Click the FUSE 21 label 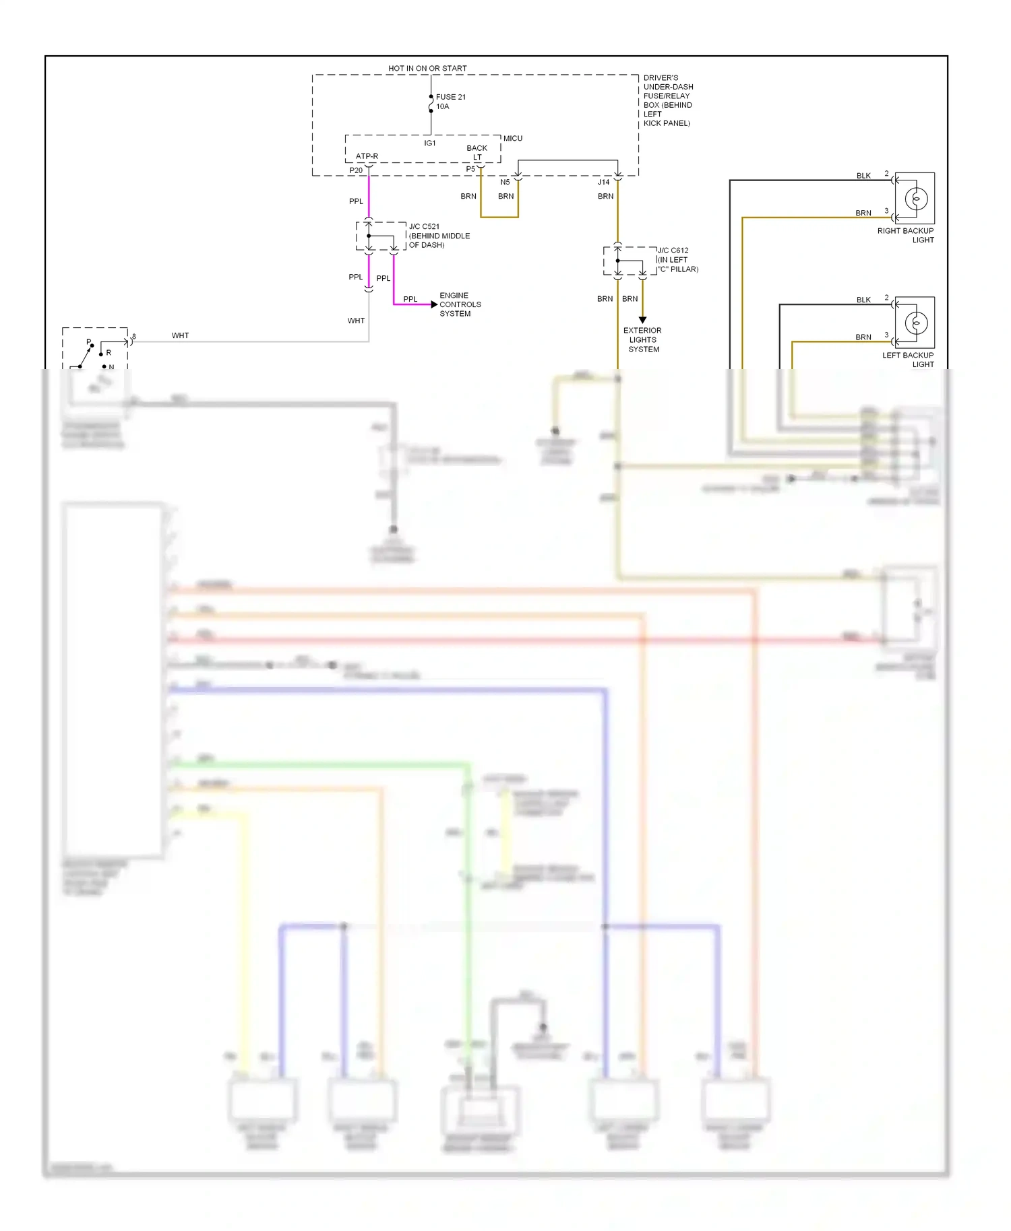pyautogui.click(x=450, y=97)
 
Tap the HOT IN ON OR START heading pyautogui.click(x=427, y=69)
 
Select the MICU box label pyautogui.click(x=513, y=139)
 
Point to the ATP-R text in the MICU pyautogui.click(x=367, y=156)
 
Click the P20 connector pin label pyautogui.click(x=356, y=170)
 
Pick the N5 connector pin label pyautogui.click(x=505, y=182)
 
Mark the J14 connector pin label pyautogui.click(x=603, y=182)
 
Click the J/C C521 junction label pyautogui.click(x=424, y=227)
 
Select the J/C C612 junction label pyautogui.click(x=673, y=251)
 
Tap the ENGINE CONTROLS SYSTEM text pyautogui.click(x=460, y=304)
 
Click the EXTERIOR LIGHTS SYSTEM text pyautogui.click(x=642, y=340)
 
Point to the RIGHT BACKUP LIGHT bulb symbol pyautogui.click(x=916, y=199)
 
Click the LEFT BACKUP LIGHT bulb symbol pyautogui.click(x=916, y=323)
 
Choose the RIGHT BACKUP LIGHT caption pyautogui.click(x=905, y=235)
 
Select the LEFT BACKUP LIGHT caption pyautogui.click(x=908, y=360)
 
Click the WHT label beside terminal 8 pyautogui.click(x=180, y=335)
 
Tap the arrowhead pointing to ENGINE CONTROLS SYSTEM pyautogui.click(x=434, y=304)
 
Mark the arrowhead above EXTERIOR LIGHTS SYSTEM pyautogui.click(x=642, y=320)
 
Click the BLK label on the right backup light pyautogui.click(x=863, y=176)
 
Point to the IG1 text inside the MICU pyautogui.click(x=430, y=143)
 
